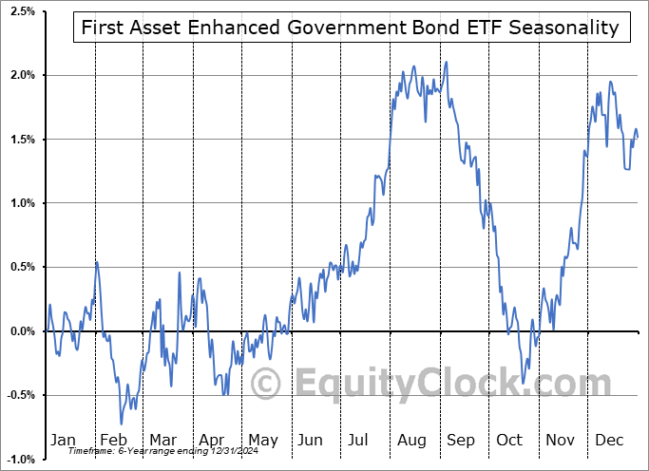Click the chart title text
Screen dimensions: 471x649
tap(351, 28)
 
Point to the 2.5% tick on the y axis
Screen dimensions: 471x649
tap(23, 10)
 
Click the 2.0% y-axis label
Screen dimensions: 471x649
tap(23, 75)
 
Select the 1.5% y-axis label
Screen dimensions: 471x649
tap(23, 139)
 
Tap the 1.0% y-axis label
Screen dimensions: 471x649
tap(23, 203)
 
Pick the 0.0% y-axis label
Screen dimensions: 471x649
tap(23, 331)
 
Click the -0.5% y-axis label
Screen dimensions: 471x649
tap(21, 395)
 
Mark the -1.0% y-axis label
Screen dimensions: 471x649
tap(21, 460)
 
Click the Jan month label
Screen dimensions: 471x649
tap(63, 440)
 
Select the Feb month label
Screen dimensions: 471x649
tap(113, 440)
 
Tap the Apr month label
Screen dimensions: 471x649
tap(213, 440)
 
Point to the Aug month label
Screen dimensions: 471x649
tap(412, 440)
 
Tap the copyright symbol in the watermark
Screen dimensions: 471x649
tap(266, 385)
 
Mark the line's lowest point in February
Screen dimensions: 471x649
tap(122, 424)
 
